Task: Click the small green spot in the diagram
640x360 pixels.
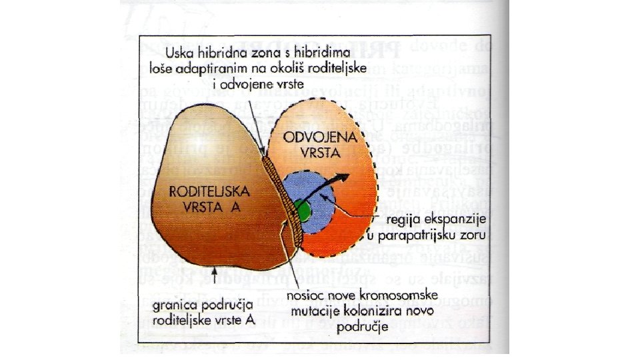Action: (303, 211)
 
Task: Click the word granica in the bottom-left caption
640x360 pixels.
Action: (174, 306)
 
